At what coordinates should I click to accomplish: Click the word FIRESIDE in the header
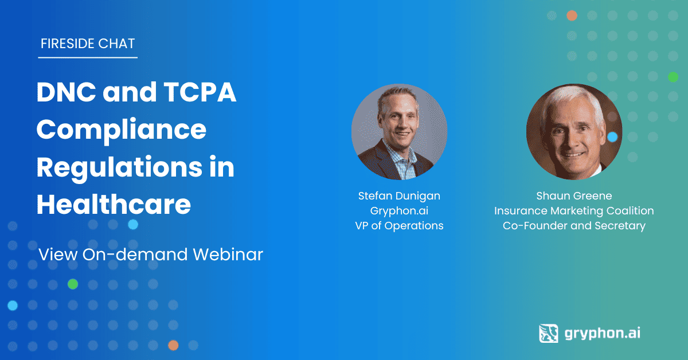(63, 44)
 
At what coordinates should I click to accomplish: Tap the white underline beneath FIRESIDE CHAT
(88, 57)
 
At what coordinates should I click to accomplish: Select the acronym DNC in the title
(66, 92)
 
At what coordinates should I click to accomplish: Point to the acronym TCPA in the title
(200, 92)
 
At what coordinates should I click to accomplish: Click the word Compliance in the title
(122, 130)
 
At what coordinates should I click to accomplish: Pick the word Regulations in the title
(120, 168)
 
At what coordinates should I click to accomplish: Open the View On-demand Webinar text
(150, 255)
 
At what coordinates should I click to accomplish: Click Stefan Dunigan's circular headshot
(399, 132)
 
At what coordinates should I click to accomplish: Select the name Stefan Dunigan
(399, 196)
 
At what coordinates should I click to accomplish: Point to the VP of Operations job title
(399, 226)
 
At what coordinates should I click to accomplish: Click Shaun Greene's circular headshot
(574, 132)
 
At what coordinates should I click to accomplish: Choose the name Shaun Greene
(574, 196)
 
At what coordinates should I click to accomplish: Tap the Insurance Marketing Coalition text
(574, 211)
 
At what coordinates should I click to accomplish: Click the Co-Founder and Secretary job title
(574, 226)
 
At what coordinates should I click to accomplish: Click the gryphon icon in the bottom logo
(549, 333)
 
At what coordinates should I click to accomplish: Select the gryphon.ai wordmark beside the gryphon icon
(603, 334)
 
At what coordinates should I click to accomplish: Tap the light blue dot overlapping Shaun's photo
(612, 137)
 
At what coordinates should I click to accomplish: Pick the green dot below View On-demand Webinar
(73, 284)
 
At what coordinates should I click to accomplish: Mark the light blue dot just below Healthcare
(133, 225)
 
